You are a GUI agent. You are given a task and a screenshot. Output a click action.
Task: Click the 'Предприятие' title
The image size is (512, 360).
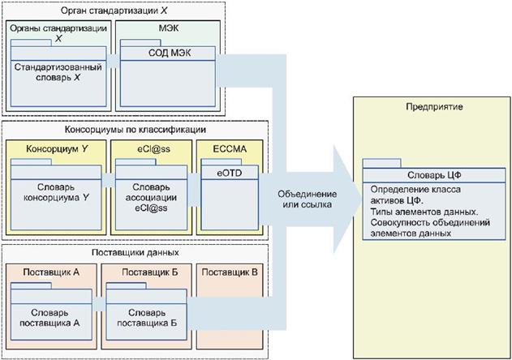click(428, 107)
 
